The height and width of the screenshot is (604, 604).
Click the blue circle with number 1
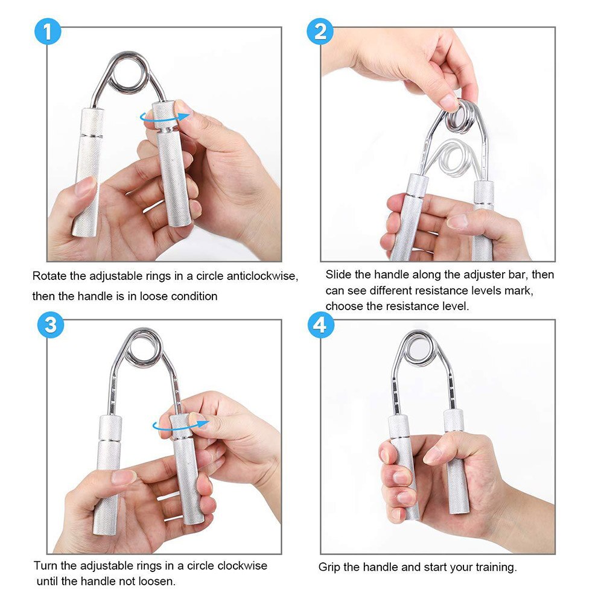(48, 31)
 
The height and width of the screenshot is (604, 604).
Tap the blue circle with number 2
(320, 31)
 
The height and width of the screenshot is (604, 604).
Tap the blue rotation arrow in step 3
(179, 425)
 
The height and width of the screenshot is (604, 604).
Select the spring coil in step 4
(417, 348)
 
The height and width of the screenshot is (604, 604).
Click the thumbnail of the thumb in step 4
(432, 456)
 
